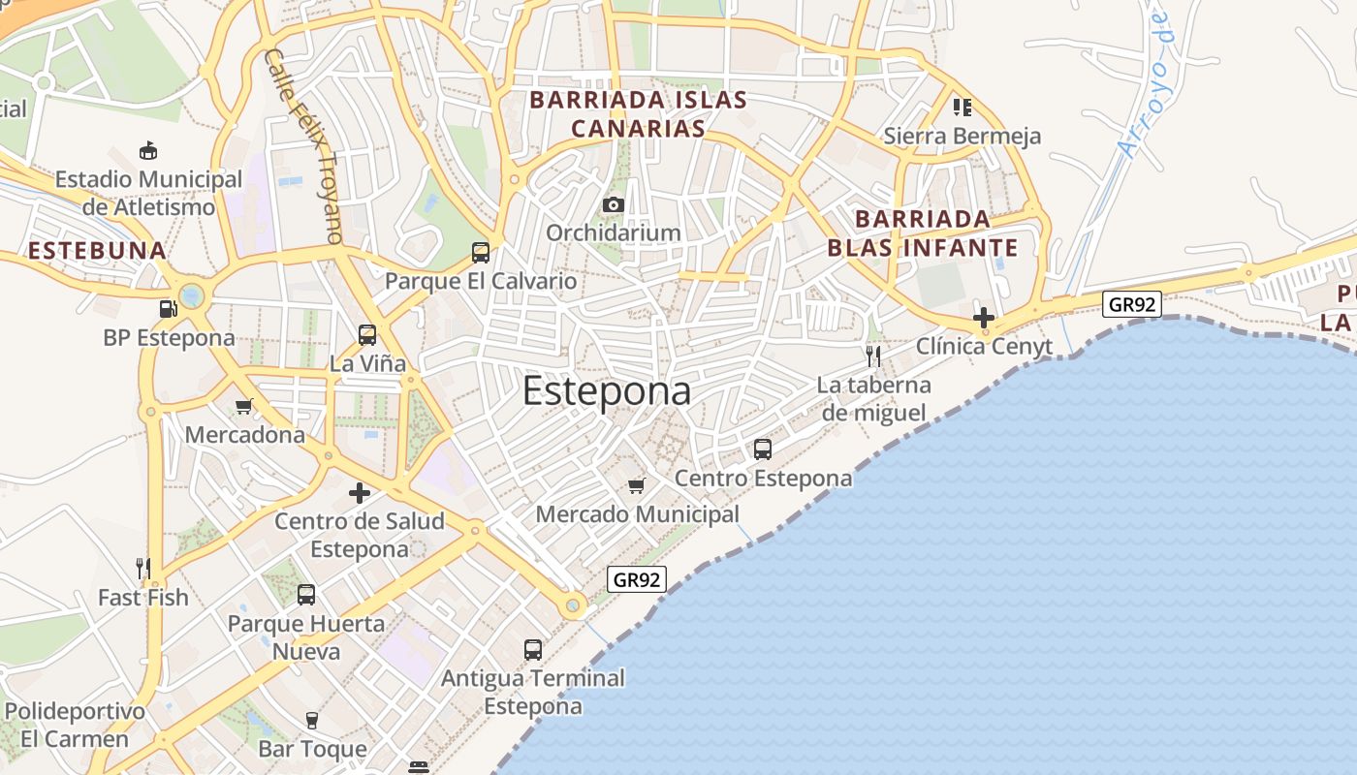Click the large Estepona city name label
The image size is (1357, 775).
607,390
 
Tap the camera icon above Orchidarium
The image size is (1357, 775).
613,204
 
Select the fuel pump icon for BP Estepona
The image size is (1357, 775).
169,309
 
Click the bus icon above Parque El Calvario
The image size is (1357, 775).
480,253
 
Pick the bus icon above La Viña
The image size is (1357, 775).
367,335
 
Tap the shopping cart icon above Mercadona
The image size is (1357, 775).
244,407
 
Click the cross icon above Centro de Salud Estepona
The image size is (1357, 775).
360,493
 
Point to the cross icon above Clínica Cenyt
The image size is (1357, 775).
984,317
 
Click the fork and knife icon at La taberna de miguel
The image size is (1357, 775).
873,356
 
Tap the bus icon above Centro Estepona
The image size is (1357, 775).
763,449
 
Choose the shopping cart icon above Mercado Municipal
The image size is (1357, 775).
637,485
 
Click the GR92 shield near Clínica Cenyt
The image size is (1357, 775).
1132,304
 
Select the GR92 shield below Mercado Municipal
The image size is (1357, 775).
637,579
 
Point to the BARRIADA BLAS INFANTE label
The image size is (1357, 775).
922,232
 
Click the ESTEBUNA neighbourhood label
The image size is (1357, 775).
97,251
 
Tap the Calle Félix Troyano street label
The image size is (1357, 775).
304,145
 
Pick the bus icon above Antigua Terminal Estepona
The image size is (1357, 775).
533,650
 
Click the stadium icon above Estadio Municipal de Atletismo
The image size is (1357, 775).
148,151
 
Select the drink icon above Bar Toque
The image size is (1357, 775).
312,720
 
